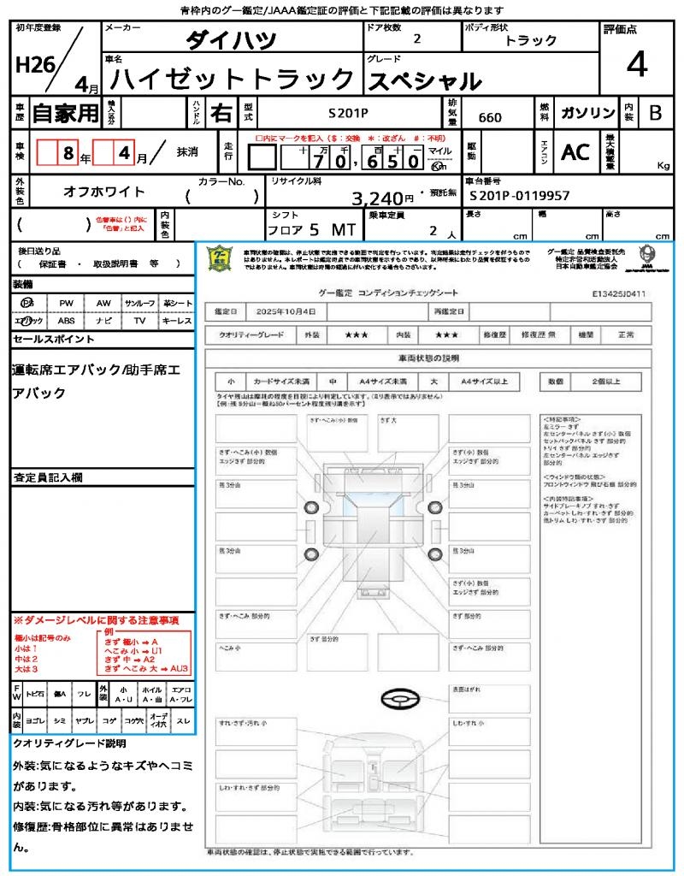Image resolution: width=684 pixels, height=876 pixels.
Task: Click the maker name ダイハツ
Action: point(231,39)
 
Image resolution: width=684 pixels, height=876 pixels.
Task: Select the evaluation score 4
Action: point(636,65)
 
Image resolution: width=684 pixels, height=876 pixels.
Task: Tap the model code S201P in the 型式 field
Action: point(349,112)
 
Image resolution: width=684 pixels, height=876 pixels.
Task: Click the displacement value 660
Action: point(490,117)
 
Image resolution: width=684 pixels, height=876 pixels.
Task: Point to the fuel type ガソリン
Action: point(587,113)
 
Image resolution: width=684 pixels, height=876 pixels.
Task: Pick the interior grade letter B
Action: point(655,113)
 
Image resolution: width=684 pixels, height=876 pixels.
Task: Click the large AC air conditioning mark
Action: point(575,152)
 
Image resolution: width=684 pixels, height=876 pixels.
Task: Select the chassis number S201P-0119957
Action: point(520,196)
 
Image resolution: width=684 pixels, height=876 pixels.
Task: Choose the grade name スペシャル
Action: point(424,80)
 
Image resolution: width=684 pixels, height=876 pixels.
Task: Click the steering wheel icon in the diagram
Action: point(398,700)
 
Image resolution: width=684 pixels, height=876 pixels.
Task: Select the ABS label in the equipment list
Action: point(67,321)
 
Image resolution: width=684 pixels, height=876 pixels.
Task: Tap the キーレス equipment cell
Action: point(177,321)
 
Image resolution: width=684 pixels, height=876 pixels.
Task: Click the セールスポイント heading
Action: point(54,340)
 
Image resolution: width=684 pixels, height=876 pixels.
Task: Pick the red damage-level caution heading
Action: point(97,619)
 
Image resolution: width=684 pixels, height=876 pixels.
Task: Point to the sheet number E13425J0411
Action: point(618,293)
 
